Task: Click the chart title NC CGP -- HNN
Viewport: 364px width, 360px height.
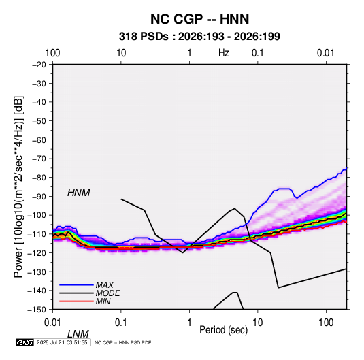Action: pos(199,19)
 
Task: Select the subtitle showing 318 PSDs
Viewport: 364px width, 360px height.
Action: pos(199,37)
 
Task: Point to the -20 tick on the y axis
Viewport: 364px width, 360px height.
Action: pos(39,65)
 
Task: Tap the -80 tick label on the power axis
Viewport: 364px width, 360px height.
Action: pos(39,178)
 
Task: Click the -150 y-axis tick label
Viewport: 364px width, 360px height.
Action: pos(37,310)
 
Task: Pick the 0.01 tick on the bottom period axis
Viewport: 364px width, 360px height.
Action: pos(52,323)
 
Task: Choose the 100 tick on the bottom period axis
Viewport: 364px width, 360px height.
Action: pos(326,323)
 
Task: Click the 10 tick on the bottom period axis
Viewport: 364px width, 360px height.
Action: pos(258,323)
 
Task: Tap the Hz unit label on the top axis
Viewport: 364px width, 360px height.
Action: pos(224,53)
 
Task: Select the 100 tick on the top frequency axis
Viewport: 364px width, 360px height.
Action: pos(52,53)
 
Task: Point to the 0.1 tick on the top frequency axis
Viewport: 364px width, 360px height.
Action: pos(258,53)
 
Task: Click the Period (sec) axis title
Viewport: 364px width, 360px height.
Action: pos(224,330)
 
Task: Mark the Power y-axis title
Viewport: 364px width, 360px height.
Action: pos(18,186)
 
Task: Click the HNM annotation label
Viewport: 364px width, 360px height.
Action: pos(79,193)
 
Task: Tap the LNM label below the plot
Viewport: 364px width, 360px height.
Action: pos(78,334)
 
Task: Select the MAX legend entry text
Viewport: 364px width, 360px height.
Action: pos(105,285)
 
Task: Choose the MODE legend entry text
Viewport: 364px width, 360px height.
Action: pos(107,293)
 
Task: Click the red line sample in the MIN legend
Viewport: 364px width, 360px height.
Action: pos(76,301)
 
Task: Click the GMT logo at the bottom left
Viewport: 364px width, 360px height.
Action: pos(24,342)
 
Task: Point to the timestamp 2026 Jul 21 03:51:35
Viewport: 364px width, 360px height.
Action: pos(62,342)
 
